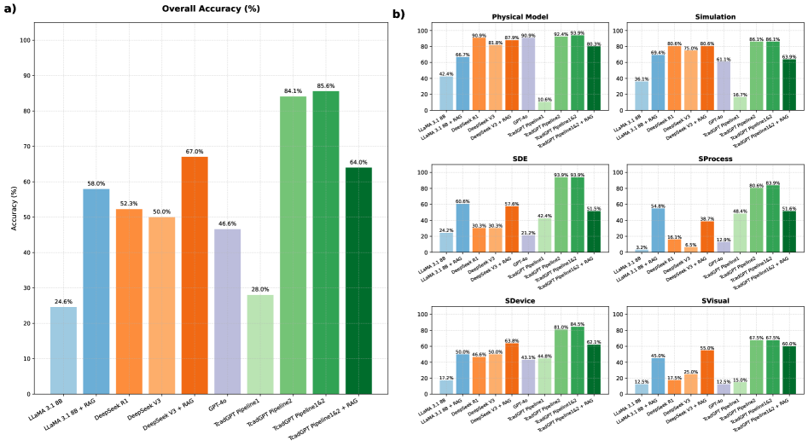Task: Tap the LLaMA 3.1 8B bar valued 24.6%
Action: pyautogui.click(x=63, y=350)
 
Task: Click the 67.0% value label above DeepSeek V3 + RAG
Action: pyautogui.click(x=195, y=152)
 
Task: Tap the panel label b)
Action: pyautogui.click(x=398, y=14)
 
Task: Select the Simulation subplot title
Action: pyautogui.click(x=701, y=17)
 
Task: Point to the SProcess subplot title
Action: pyautogui.click(x=701, y=159)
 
